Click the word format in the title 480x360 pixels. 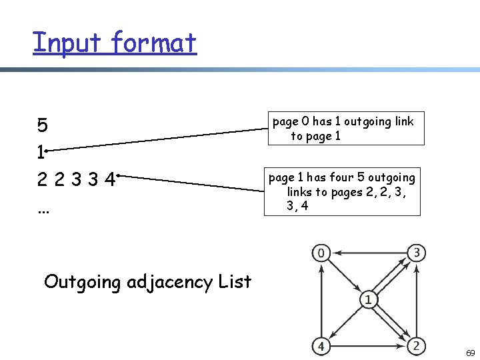154,42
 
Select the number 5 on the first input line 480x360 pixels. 42,125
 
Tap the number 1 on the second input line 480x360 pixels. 41,153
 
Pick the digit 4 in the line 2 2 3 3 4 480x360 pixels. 109,180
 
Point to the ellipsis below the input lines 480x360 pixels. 43,209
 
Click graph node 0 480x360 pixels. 321,253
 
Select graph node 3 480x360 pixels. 417,253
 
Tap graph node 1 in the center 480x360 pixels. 368,300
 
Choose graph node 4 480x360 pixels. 321,347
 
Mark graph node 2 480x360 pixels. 417,346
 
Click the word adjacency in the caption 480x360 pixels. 170,282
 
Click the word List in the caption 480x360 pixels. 235,281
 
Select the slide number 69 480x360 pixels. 470,351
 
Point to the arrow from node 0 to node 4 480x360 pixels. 321,300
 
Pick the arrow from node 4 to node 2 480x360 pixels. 369,347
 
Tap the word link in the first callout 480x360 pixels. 403,121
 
